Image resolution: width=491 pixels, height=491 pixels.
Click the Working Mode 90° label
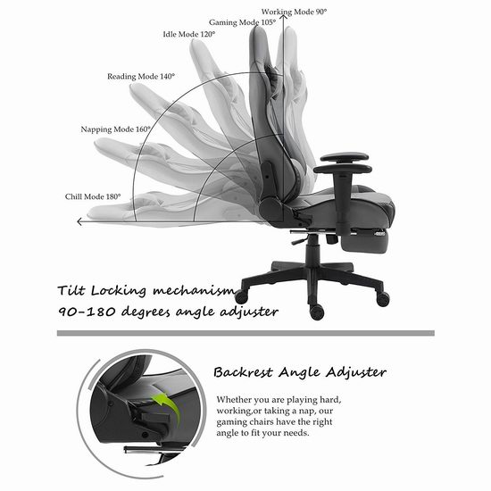[294, 12]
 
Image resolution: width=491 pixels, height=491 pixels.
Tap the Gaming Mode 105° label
[242, 22]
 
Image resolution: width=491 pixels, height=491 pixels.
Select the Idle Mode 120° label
[189, 34]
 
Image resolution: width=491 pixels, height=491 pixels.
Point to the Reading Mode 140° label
[141, 77]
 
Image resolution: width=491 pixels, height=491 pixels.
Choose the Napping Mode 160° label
[115, 129]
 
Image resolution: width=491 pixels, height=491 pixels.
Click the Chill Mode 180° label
[93, 196]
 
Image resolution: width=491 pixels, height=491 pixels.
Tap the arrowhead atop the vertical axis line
[284, 16]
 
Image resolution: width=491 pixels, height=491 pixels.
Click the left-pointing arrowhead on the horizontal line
[79, 221]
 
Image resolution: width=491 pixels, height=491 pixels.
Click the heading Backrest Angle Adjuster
[300, 372]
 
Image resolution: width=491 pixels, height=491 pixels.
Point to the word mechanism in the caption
[194, 291]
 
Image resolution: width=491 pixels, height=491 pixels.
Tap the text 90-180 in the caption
[87, 312]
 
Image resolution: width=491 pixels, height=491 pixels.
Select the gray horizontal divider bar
[245, 333]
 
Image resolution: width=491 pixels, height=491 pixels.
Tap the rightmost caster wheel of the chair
[383, 299]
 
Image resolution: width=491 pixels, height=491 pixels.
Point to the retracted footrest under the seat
[366, 242]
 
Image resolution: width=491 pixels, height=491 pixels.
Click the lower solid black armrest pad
[343, 170]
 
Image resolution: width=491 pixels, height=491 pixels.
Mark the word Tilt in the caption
[71, 290]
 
